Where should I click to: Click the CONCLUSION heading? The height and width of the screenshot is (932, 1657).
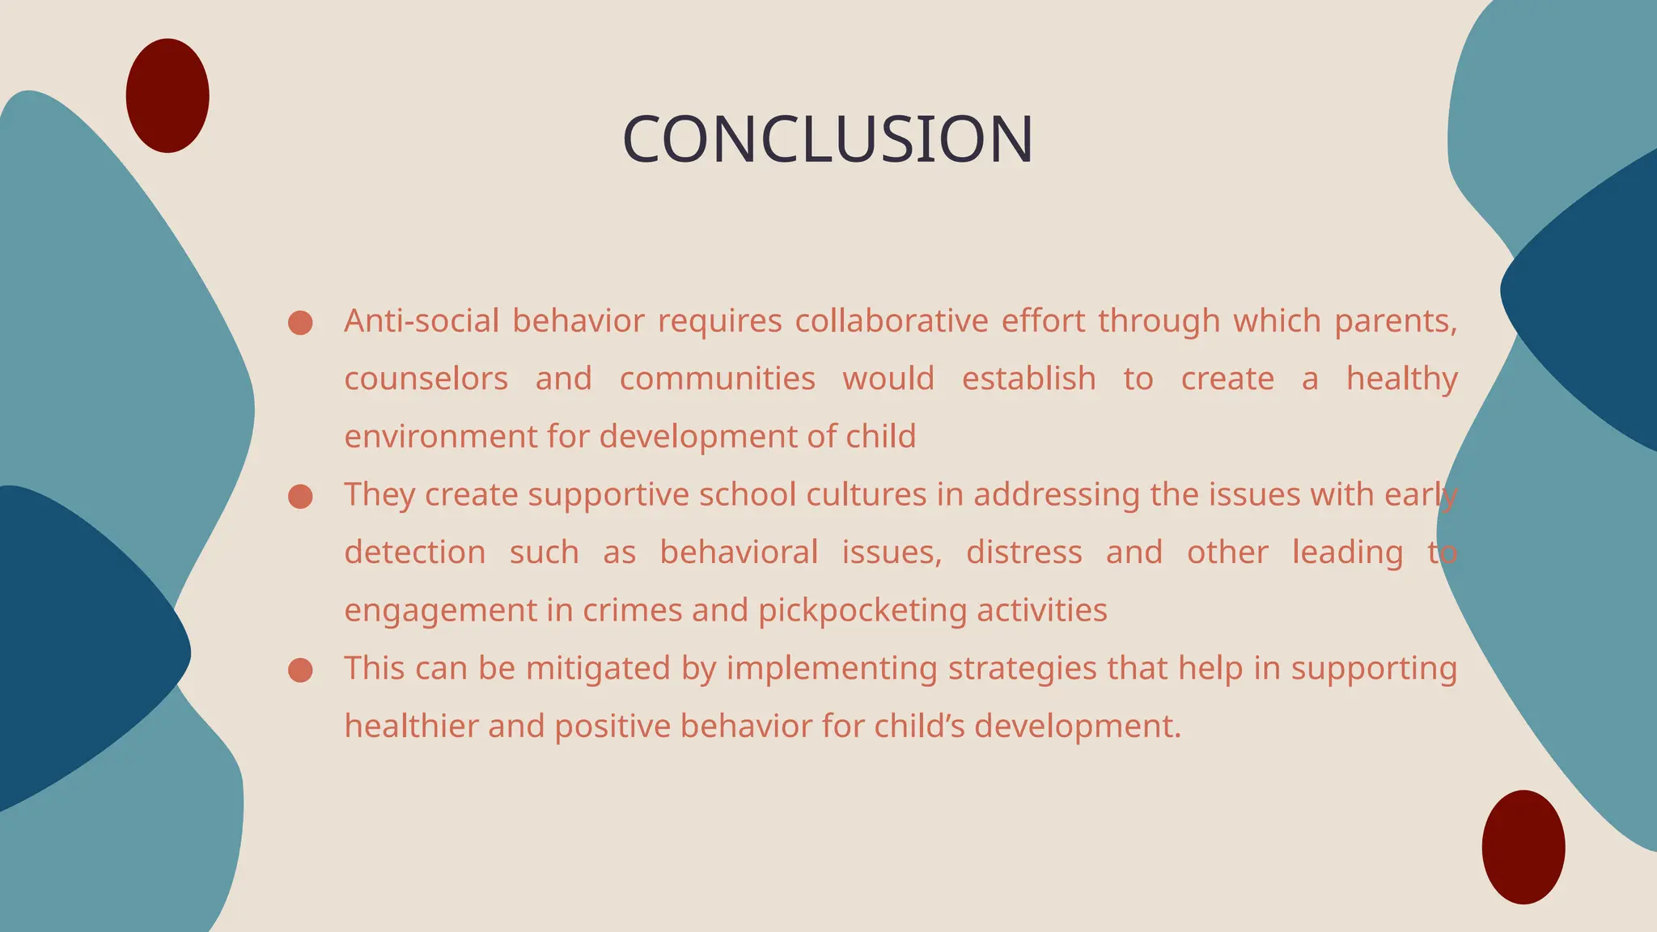[x=828, y=139]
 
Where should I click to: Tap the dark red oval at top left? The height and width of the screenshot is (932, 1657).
[x=167, y=95]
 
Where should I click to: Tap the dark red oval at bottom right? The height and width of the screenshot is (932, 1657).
[x=1524, y=847]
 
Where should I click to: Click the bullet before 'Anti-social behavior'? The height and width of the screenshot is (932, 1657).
[x=300, y=323]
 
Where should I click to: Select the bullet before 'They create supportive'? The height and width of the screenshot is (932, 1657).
[x=300, y=497]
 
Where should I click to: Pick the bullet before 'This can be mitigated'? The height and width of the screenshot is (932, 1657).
[x=300, y=670]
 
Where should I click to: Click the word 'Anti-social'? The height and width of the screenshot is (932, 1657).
[x=422, y=321]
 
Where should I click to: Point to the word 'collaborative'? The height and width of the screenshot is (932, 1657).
[x=891, y=321]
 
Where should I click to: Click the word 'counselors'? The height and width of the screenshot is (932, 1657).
[x=426, y=379]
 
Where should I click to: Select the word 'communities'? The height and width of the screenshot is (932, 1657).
[x=717, y=379]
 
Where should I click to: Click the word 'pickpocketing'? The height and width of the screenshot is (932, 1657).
[x=862, y=611]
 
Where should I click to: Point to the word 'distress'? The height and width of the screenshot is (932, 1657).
[x=1023, y=553]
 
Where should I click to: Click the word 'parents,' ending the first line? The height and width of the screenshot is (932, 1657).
[x=1396, y=321]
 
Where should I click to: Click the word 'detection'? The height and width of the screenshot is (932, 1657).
[x=415, y=553]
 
